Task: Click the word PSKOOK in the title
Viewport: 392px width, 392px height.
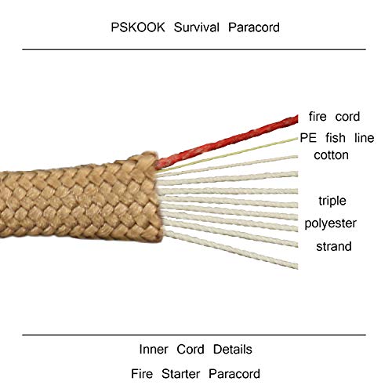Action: click(x=138, y=27)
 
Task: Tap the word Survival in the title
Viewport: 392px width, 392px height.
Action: click(x=196, y=27)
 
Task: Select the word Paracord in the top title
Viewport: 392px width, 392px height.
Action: click(x=254, y=27)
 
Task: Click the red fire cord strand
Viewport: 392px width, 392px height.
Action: click(x=227, y=142)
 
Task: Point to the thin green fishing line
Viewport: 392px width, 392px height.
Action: click(x=227, y=155)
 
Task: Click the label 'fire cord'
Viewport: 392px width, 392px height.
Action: click(x=334, y=116)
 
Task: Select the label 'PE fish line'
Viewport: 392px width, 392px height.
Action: click(x=337, y=138)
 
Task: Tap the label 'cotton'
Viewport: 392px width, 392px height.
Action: click(x=331, y=155)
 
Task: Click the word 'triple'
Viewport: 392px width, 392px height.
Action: click(x=332, y=201)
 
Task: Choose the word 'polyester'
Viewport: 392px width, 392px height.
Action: click(x=330, y=223)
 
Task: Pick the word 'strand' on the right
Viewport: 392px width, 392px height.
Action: click(x=334, y=246)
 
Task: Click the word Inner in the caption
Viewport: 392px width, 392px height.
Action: click(x=154, y=350)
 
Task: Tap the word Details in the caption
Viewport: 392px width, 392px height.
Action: click(x=233, y=350)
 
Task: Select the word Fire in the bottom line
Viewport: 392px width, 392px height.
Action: click(x=142, y=374)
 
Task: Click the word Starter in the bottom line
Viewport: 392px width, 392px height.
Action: click(x=181, y=374)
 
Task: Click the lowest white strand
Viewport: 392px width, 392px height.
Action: click(x=231, y=249)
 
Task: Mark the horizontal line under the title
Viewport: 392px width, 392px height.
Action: click(x=194, y=49)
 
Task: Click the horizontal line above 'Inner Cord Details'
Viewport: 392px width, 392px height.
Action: click(x=194, y=335)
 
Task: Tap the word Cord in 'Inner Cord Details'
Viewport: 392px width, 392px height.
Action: click(x=191, y=350)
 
